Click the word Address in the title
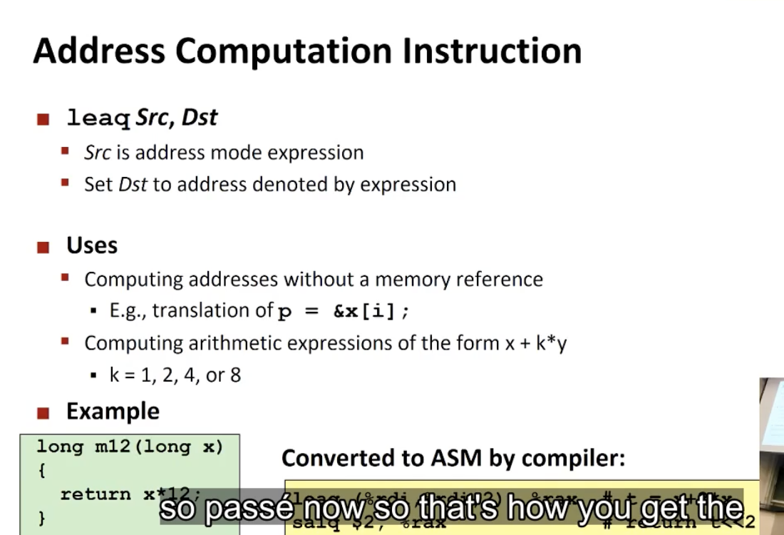point(98,51)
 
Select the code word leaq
point(98,118)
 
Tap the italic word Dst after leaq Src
point(200,117)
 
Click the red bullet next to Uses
point(43,247)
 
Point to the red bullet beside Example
point(43,412)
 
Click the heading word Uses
point(92,245)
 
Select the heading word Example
point(113,411)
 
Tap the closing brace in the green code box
point(41,517)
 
